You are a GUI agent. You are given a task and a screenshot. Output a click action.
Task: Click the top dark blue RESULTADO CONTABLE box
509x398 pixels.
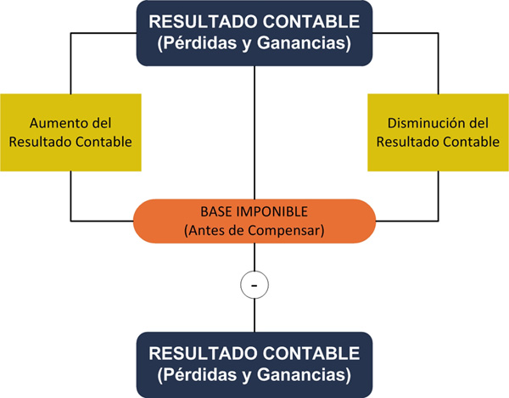[x=255, y=32]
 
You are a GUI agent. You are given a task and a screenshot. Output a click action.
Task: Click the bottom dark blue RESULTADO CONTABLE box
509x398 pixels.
[x=255, y=364]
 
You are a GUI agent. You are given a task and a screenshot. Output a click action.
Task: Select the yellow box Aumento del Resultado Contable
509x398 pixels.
[x=70, y=132]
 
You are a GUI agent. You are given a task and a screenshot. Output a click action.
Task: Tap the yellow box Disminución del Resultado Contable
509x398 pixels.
[x=438, y=132]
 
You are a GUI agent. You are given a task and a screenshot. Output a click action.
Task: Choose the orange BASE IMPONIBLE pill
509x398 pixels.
[x=255, y=220]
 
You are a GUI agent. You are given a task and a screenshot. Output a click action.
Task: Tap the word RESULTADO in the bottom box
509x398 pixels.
[x=201, y=353]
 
